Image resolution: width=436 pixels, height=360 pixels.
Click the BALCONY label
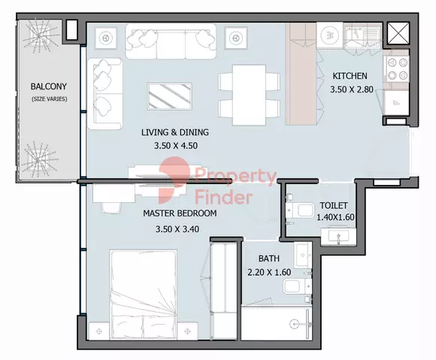pyautogui.click(x=49, y=86)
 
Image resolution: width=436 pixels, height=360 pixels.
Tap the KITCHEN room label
pyautogui.click(x=350, y=76)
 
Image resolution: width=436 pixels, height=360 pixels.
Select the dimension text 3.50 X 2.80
pyautogui.click(x=352, y=89)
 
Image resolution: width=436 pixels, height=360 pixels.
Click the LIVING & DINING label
pyautogui.click(x=175, y=132)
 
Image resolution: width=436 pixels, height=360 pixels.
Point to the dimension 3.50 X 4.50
pyautogui.click(x=176, y=146)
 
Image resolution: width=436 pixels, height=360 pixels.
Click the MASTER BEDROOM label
pyautogui.click(x=180, y=213)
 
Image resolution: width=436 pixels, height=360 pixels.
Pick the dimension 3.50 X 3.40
pyautogui.click(x=177, y=229)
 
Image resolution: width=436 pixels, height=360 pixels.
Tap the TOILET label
pyautogui.click(x=334, y=206)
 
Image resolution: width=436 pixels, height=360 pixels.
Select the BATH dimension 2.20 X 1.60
pyautogui.click(x=269, y=272)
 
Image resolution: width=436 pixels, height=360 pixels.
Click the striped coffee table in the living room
pyautogui.click(x=170, y=96)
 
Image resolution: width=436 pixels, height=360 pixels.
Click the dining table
pyautogui.click(x=249, y=95)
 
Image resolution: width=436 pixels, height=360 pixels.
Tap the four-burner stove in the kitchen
pyautogui.click(x=397, y=69)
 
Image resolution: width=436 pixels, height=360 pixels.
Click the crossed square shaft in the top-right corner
pyautogui.click(x=398, y=33)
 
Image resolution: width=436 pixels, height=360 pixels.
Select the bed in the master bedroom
pyautogui.click(x=144, y=295)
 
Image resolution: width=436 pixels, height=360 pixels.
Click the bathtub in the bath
pyautogui.click(x=276, y=323)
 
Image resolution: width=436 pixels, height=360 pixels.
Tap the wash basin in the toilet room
pyautogui.click(x=338, y=237)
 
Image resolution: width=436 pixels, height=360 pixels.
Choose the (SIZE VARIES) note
pyautogui.click(x=49, y=99)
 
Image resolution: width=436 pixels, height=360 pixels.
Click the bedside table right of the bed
pyautogui.click(x=188, y=331)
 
